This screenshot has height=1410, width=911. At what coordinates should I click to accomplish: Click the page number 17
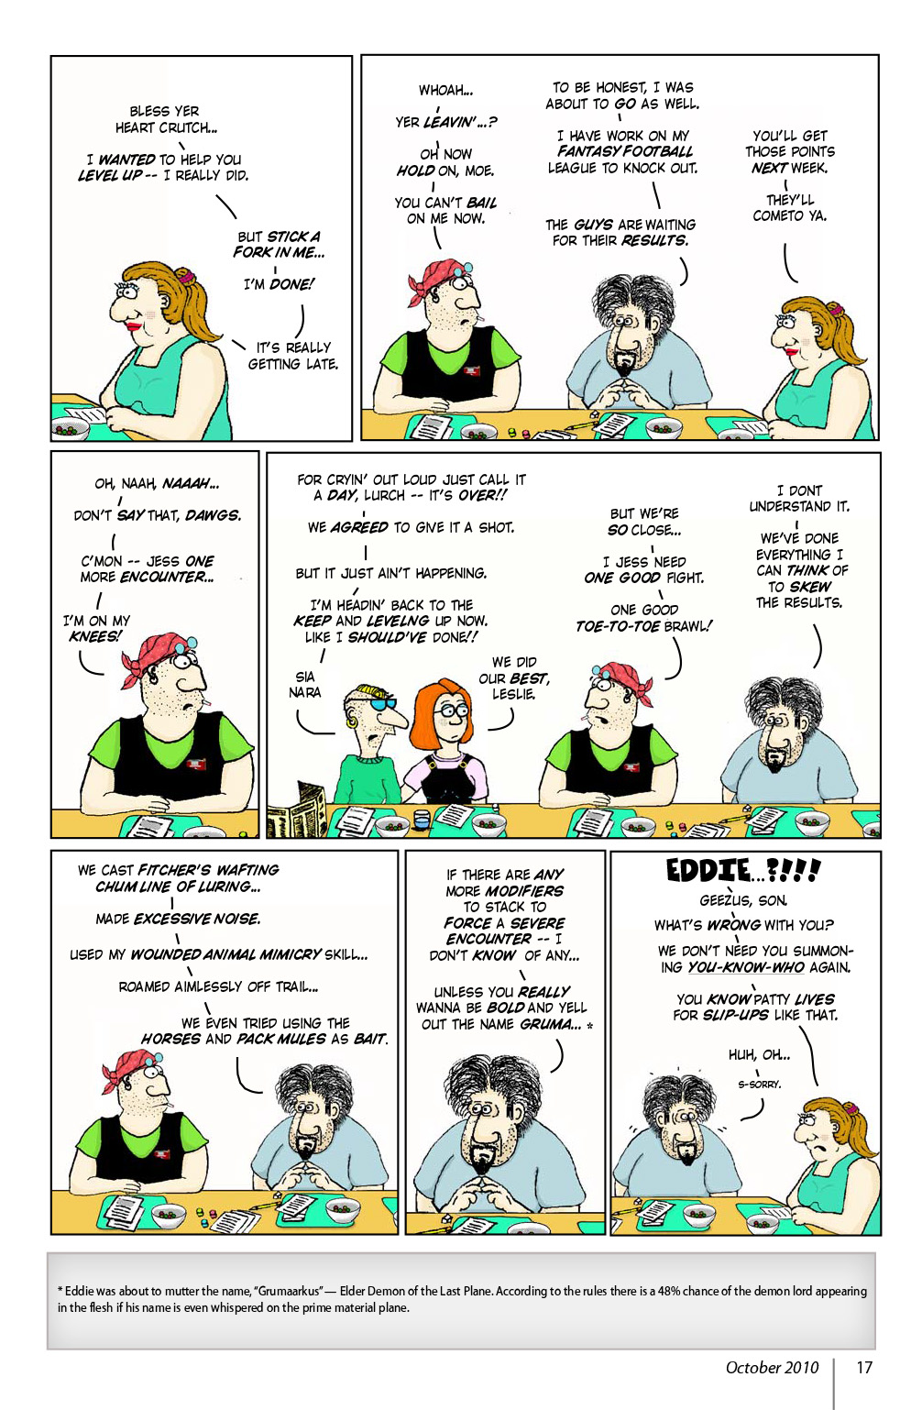pyautogui.click(x=863, y=1368)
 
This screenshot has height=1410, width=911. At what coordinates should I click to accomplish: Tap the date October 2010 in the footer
pyautogui.click(x=772, y=1368)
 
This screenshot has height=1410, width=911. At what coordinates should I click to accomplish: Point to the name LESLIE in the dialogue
pyautogui.click(x=513, y=694)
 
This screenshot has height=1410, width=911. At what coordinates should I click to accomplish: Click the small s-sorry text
pyautogui.click(x=760, y=1084)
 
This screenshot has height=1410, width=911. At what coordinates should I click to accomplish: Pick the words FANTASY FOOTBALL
pyautogui.click(x=625, y=151)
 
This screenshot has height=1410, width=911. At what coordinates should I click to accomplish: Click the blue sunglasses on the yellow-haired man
pyautogui.click(x=385, y=704)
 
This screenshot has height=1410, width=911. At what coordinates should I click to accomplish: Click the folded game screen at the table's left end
pyautogui.click(x=296, y=810)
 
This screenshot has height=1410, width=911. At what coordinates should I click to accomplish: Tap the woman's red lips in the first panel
pyautogui.click(x=135, y=325)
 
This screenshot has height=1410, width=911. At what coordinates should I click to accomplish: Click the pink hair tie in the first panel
pyautogui.click(x=186, y=275)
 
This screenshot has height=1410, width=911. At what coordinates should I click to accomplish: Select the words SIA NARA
pyautogui.click(x=305, y=684)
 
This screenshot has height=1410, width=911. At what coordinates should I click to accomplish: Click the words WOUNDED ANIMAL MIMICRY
pyautogui.click(x=225, y=954)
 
